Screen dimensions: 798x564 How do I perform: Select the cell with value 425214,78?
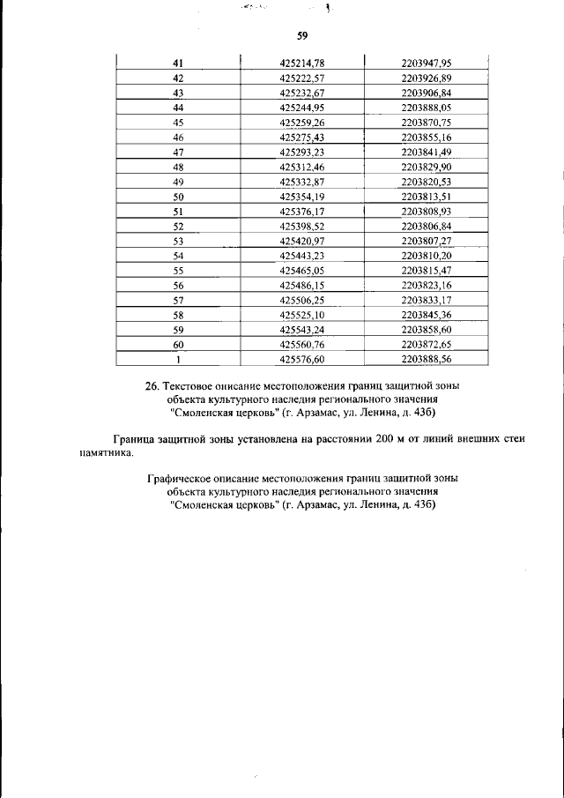coord(302,63)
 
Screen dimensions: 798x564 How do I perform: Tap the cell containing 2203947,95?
coord(426,63)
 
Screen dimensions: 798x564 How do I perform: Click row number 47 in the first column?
coord(178,152)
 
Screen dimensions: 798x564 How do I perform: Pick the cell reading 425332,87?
coord(302,182)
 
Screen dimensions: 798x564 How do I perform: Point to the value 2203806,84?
coord(426,226)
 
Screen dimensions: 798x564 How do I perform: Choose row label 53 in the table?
coord(178,241)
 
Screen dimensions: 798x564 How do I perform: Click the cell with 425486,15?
coord(302,286)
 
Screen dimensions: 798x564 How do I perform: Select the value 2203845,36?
coord(426,315)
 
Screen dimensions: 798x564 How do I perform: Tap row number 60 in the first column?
coord(178,345)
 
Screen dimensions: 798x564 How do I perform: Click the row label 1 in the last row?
coord(178,360)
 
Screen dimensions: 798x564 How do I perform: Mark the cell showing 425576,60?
coord(302,360)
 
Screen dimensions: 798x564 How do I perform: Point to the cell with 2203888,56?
coord(426,360)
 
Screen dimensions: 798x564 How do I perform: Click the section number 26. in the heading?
coord(152,385)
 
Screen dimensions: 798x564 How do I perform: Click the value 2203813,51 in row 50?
coord(426,196)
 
